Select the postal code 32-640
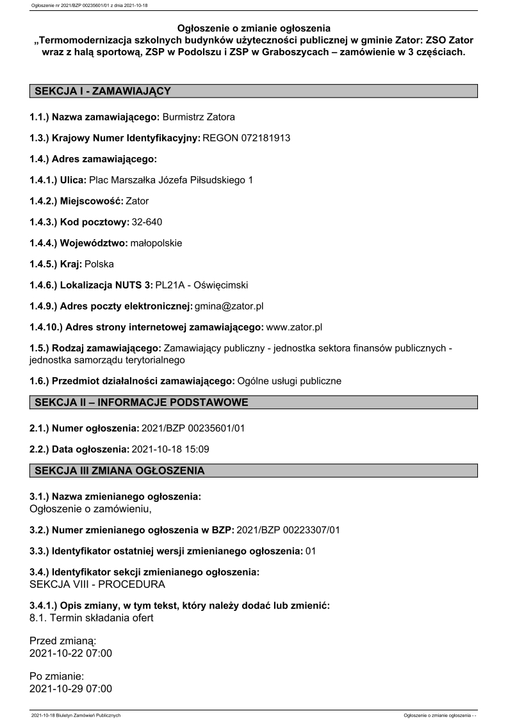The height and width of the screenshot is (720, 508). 147,222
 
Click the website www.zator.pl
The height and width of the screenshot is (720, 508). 293,327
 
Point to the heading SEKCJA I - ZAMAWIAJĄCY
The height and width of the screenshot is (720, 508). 102,91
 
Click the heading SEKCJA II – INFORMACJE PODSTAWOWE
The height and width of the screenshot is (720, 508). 141,402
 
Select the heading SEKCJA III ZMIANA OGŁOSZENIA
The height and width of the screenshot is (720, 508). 120,471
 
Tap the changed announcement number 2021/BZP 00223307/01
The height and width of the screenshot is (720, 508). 288,529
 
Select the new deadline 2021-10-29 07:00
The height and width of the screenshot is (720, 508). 70,689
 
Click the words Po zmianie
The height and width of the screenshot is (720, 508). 56,676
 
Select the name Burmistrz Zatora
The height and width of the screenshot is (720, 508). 199,117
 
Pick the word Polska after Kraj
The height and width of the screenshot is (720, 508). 99,264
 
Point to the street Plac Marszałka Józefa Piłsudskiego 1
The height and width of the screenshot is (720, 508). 170,180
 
